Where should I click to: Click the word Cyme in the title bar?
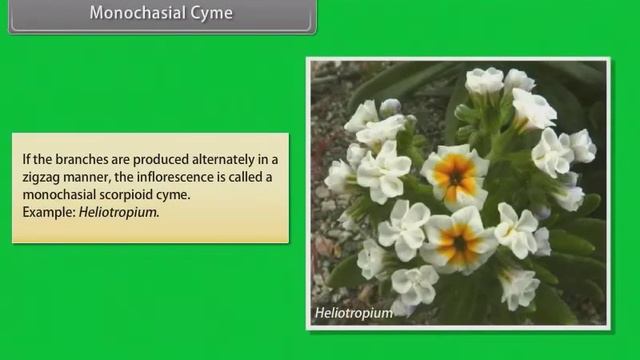pyautogui.click(x=209, y=13)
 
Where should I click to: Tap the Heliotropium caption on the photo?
pyautogui.click(x=353, y=312)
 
